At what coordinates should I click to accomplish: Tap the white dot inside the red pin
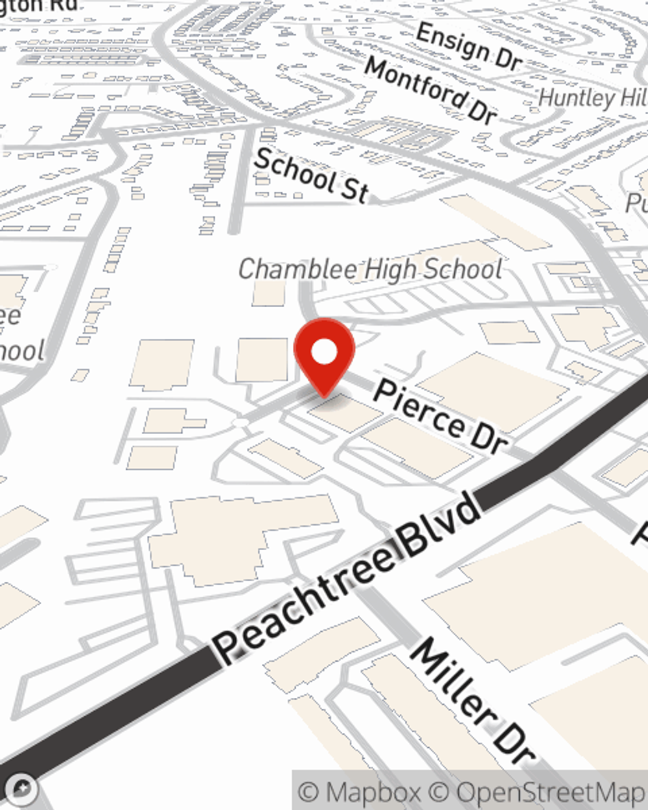[x=325, y=353]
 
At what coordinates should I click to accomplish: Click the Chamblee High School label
[x=370, y=269]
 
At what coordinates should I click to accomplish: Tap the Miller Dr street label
[x=472, y=700]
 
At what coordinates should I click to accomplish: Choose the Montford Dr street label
[x=430, y=90]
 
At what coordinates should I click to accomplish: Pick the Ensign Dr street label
[x=469, y=46]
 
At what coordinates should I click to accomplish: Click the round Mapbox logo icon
[x=23, y=789]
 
